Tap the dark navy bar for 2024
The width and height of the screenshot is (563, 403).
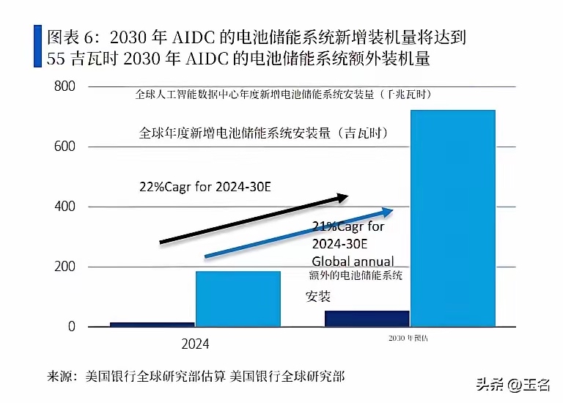(152, 324)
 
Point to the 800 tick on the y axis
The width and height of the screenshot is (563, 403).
(65, 86)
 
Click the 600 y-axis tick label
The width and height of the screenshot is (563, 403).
(65, 147)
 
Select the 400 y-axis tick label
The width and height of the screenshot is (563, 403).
(65, 207)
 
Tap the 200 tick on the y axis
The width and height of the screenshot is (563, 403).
(65, 267)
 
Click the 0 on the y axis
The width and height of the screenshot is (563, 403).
(72, 327)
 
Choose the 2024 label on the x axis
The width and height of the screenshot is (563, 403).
(194, 344)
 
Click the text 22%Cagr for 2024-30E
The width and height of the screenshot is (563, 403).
(205, 186)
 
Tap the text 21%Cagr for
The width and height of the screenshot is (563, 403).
(347, 227)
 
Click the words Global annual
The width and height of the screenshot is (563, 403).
(352, 261)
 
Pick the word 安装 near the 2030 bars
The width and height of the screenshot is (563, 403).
(318, 295)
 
